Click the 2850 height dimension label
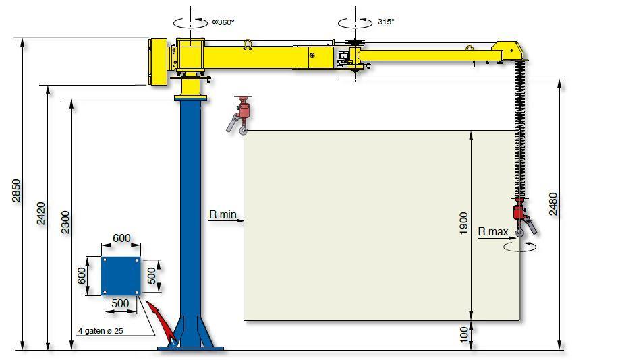(16, 191)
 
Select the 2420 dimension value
(41, 214)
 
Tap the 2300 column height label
(65, 222)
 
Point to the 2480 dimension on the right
(553, 204)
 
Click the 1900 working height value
(463, 224)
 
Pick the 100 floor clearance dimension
(464, 335)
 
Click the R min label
(223, 214)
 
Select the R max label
(493, 231)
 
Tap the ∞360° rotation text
(223, 22)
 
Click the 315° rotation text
(386, 22)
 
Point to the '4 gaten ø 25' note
(101, 330)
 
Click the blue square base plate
(121, 276)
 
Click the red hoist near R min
(240, 115)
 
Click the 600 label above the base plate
(121, 238)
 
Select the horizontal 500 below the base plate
(120, 303)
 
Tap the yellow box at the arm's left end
(158, 62)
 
